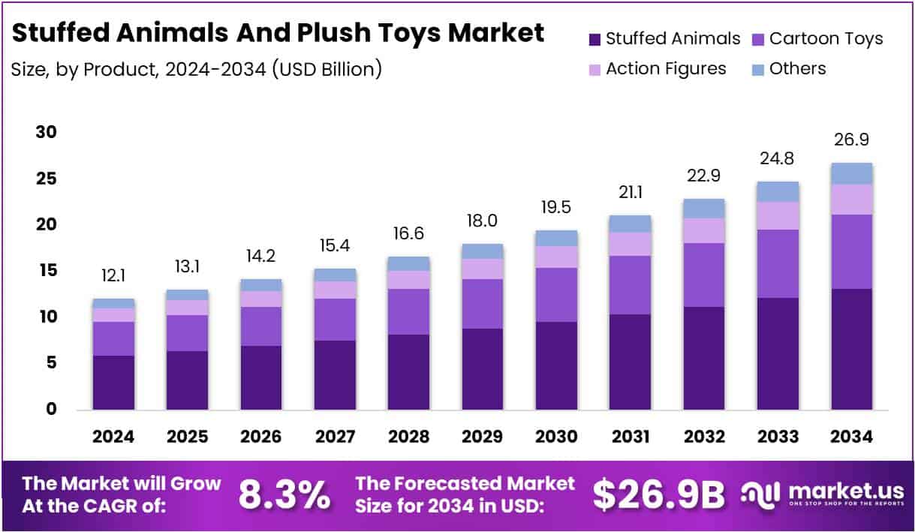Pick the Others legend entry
tap(788, 69)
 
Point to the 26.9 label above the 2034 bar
tap(851, 140)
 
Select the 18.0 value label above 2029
tap(482, 221)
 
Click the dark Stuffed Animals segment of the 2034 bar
tap(851, 349)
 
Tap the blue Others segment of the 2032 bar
tap(703, 209)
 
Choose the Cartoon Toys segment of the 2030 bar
tap(556, 295)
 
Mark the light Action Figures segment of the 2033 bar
tap(778, 215)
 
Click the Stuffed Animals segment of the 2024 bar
tap(113, 383)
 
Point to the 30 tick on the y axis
tap(46, 133)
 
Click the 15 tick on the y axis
tap(46, 271)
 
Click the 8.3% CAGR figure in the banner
tap(284, 494)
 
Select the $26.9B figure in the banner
tap(659, 494)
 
